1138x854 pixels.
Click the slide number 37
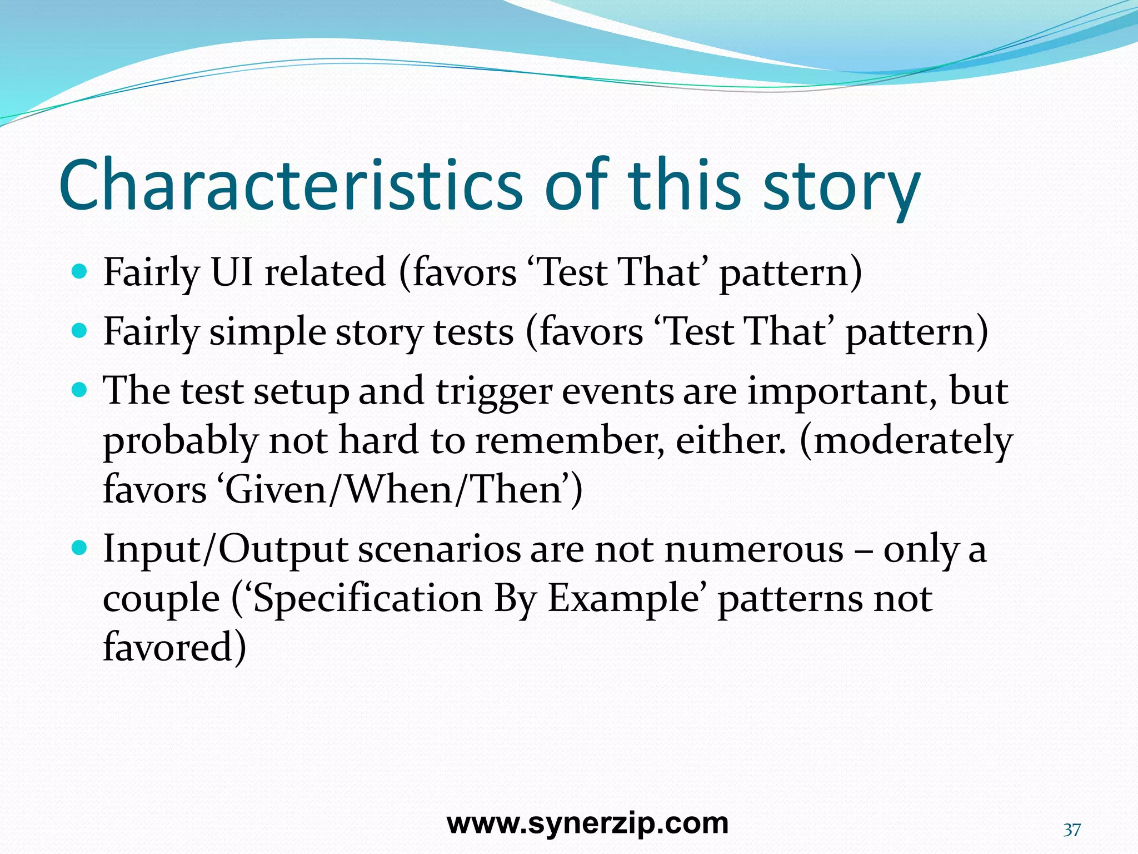pyautogui.click(x=1072, y=830)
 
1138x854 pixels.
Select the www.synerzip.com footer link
pyautogui.click(x=587, y=823)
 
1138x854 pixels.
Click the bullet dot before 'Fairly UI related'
pyautogui.click(x=80, y=272)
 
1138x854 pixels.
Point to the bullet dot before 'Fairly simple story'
pyautogui.click(x=80, y=331)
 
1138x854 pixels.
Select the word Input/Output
pyautogui.click(x=225, y=550)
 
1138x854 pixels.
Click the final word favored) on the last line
pyautogui.click(x=174, y=647)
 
